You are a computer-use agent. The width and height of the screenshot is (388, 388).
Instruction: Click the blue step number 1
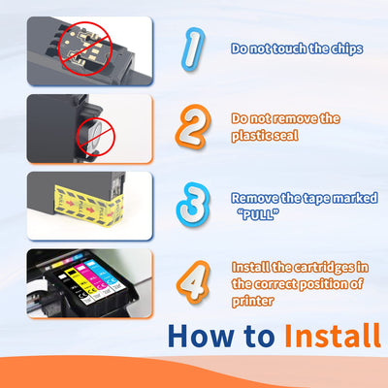pyautogui.click(x=193, y=48)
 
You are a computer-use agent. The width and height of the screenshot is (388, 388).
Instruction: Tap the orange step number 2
pyautogui.click(x=193, y=126)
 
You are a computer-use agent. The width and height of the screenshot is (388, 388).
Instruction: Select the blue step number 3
pyautogui.click(x=193, y=205)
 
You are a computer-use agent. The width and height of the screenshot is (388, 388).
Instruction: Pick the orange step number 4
pyautogui.click(x=193, y=282)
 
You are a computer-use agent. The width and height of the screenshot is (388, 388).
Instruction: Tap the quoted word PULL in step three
pyautogui.click(x=258, y=214)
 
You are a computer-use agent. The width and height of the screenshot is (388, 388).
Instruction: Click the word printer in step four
pyautogui.click(x=253, y=301)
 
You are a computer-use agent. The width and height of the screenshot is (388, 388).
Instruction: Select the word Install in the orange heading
pyautogui.click(x=333, y=336)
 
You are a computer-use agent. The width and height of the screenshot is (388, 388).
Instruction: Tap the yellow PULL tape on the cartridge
pyautogui.click(x=88, y=206)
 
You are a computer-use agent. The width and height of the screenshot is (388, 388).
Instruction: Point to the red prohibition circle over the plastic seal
pyautogui.click(x=96, y=137)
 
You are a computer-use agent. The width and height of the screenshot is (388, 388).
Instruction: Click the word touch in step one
pyautogui.click(x=288, y=48)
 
